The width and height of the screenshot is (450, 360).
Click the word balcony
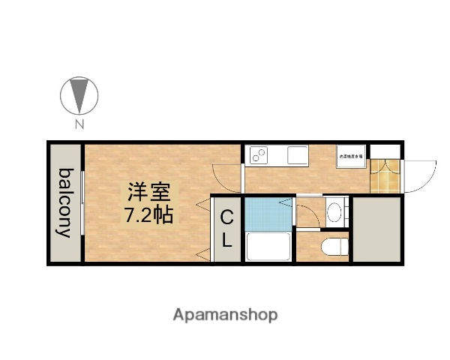click(x=66, y=202)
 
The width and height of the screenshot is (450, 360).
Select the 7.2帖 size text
click(x=148, y=215)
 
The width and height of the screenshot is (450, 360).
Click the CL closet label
click(x=226, y=228)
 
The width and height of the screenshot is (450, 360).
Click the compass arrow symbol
click(x=79, y=94)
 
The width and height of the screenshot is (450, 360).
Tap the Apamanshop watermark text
click(x=225, y=314)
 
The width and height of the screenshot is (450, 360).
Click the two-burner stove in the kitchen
click(x=259, y=155)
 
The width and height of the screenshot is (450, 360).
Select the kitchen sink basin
click(x=296, y=156)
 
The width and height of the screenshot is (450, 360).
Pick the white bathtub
click(x=267, y=246)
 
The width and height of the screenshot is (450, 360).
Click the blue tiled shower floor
click(x=267, y=212)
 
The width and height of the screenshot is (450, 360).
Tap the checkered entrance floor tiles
click(x=385, y=174)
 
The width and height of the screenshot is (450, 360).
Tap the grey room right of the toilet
click(x=376, y=228)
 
